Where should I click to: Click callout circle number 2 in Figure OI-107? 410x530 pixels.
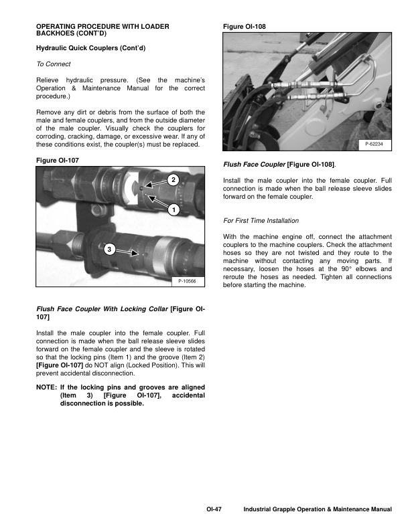click(x=173, y=179)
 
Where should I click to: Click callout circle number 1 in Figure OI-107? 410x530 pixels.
click(x=173, y=210)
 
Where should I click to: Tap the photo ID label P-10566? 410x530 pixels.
click(x=187, y=282)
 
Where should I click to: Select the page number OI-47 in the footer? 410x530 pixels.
click(x=214, y=510)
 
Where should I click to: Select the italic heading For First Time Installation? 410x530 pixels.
click(x=261, y=220)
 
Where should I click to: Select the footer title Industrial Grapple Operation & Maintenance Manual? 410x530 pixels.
click(x=317, y=510)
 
